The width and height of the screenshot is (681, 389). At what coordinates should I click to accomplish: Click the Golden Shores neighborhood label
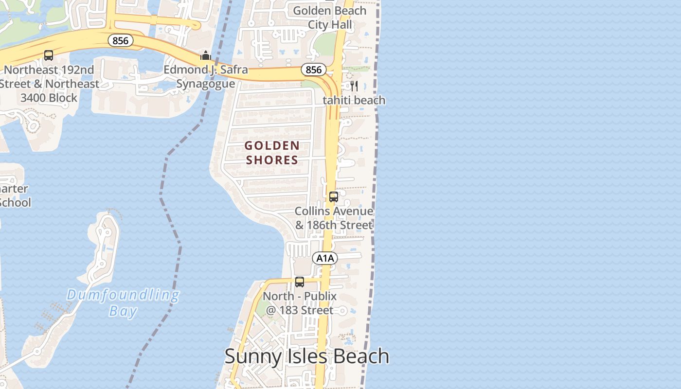[x=272, y=153]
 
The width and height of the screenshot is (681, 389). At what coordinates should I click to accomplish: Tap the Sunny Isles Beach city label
[x=306, y=356]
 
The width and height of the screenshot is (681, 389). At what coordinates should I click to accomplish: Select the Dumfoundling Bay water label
[x=123, y=302]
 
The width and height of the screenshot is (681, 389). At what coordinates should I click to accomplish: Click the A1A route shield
[x=325, y=258]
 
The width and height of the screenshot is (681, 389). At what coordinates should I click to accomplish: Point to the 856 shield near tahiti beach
[x=313, y=70]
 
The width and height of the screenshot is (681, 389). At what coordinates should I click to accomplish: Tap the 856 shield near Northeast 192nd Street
[x=120, y=40]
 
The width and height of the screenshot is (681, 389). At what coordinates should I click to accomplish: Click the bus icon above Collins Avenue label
[x=333, y=197]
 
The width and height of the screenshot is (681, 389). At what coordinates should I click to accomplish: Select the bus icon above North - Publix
[x=300, y=282]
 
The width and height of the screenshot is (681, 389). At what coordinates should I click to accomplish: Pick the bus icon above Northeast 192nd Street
[x=49, y=55]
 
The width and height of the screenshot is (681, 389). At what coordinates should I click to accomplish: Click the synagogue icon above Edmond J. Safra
[x=206, y=55]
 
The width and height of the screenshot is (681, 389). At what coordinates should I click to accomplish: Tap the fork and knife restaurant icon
[x=354, y=86]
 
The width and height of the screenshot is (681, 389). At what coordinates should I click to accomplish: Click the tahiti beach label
[x=354, y=100]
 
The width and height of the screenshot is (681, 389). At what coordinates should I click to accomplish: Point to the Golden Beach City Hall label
[x=330, y=18]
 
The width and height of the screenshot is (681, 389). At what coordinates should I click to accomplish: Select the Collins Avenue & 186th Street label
[x=334, y=218]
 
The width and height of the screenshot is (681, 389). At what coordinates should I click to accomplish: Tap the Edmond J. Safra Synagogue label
[x=205, y=77]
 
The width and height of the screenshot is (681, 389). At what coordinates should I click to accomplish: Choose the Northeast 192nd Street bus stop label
[x=49, y=84]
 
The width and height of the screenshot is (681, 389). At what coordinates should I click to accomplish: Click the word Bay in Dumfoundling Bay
[x=123, y=311]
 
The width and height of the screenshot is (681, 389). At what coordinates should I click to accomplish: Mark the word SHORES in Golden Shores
[x=272, y=160]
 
